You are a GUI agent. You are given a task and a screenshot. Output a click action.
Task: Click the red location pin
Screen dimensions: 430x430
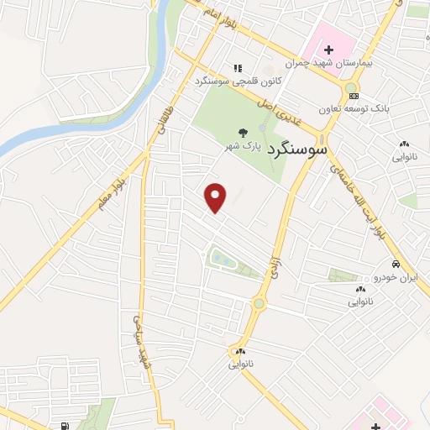(217, 197)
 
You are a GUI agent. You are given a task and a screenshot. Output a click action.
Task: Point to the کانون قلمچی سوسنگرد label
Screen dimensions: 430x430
(227, 81)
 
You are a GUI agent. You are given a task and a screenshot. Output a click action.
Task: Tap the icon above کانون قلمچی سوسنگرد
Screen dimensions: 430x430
(239, 68)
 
